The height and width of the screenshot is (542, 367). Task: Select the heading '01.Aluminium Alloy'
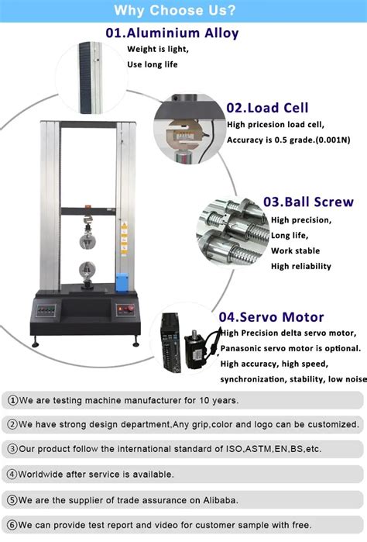click(x=172, y=33)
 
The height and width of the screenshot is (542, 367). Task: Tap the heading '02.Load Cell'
click(x=267, y=108)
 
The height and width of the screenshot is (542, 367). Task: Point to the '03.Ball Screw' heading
click(x=308, y=202)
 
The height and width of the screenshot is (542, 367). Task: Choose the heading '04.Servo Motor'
click(x=271, y=316)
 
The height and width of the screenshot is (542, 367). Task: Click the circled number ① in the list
click(x=12, y=401)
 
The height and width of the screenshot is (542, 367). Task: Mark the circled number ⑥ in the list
click(x=12, y=523)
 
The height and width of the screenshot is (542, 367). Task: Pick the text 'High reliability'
click(x=301, y=266)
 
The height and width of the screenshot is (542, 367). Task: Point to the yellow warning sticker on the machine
click(x=122, y=233)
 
